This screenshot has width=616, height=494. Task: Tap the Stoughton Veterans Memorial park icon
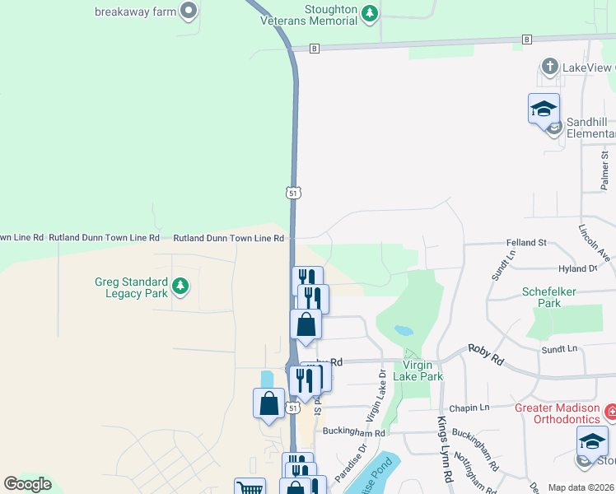tap(371, 12)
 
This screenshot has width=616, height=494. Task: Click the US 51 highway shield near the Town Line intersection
tap(292, 192)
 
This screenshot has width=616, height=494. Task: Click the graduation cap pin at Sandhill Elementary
tap(544, 109)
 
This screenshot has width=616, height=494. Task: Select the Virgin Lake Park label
tap(422, 370)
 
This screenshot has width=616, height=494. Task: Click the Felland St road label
tap(525, 243)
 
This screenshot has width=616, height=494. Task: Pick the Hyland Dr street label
tap(577, 269)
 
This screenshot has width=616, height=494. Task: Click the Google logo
tap(27, 484)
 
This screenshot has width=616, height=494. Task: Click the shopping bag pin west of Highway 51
tap(268, 403)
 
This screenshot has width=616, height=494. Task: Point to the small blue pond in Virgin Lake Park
tap(404, 330)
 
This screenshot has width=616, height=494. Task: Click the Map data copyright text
tap(581, 487)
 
